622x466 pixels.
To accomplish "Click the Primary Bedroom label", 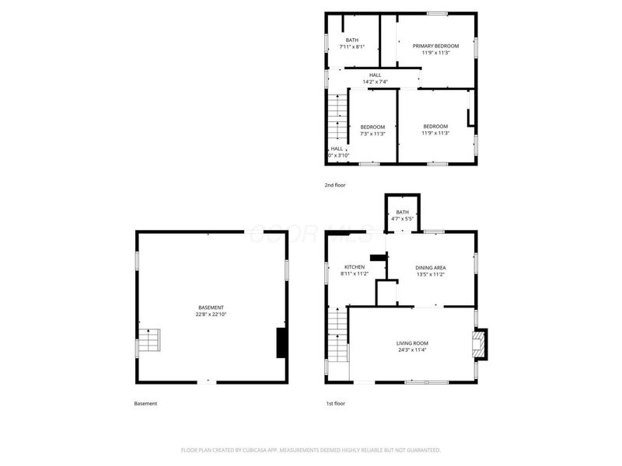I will (x=435, y=46).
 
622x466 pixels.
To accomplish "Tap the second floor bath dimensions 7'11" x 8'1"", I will (x=352, y=47).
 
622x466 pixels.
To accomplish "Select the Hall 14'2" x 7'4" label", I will (x=375, y=82).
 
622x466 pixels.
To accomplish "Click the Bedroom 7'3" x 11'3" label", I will (x=372, y=134).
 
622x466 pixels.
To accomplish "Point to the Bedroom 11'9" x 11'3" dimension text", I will (x=435, y=134).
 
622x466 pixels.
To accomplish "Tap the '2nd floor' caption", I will (x=335, y=185).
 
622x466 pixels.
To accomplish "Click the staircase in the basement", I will (x=149, y=341).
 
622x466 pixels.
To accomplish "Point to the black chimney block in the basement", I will (x=281, y=343).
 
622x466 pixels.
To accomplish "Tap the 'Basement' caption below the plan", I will (x=145, y=404).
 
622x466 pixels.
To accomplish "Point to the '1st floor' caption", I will (x=335, y=404).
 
